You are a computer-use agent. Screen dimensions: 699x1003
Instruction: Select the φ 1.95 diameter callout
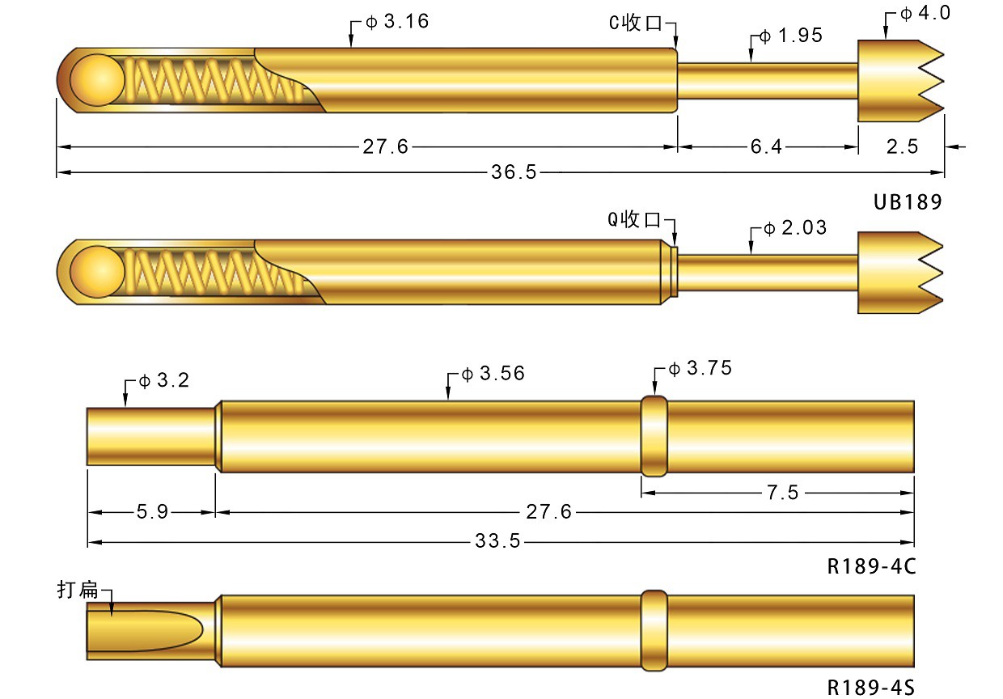tap(790, 36)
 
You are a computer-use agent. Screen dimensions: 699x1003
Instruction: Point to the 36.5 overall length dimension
tap(514, 172)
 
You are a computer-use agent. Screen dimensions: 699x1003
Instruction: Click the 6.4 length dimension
tap(766, 146)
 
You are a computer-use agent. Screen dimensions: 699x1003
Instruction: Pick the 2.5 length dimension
tap(902, 146)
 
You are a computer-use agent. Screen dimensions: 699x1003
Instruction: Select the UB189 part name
tap(908, 202)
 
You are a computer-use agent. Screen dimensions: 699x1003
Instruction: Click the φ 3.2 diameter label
tap(163, 380)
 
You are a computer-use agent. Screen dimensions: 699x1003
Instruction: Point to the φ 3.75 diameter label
tap(700, 369)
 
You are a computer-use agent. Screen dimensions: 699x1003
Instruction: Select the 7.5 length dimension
tap(782, 493)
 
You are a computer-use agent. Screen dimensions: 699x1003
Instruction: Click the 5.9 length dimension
tap(152, 512)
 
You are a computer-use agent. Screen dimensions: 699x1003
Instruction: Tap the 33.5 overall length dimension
tap(497, 541)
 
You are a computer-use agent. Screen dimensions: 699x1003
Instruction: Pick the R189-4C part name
tap(870, 567)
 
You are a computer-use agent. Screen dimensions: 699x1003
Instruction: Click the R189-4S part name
tap(870, 688)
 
